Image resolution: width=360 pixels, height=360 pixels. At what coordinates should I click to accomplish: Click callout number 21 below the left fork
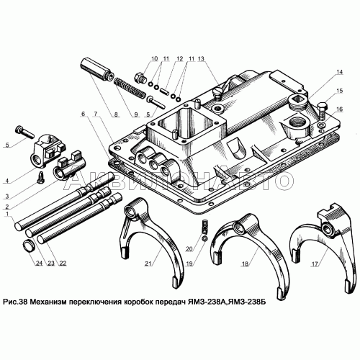148,264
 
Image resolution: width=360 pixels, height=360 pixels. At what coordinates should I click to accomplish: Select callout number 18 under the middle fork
245,264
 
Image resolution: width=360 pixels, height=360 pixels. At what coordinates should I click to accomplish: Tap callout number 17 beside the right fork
315,264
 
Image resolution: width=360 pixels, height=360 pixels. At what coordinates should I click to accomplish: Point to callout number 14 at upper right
339,72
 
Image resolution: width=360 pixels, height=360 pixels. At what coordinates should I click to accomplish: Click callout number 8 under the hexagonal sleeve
116,114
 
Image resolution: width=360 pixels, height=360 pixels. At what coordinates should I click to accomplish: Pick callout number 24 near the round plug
39,264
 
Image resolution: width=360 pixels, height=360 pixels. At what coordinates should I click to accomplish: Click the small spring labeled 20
204,227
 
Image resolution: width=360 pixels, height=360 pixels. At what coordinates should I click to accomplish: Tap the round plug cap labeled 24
29,246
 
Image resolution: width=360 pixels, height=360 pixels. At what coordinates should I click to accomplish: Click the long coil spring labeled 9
129,87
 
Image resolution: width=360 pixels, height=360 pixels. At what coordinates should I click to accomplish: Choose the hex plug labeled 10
139,78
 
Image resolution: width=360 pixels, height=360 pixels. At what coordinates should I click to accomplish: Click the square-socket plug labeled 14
297,99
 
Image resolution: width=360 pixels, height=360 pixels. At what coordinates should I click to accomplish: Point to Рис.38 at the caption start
15,302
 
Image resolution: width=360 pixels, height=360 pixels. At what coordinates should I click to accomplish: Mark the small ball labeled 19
204,238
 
